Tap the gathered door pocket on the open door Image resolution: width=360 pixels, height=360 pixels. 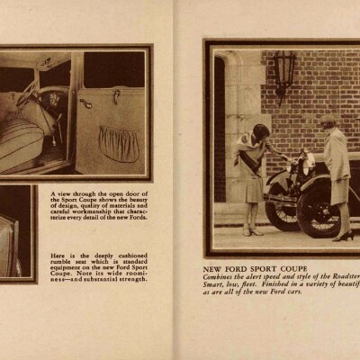point(120,143)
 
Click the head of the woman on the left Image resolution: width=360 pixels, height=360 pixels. point(259,132)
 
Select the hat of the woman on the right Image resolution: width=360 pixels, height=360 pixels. point(328,119)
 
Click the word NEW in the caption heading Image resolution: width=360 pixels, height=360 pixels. point(213,269)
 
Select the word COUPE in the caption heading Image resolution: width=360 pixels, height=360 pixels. point(291,269)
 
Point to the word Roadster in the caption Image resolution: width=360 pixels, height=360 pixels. point(340,278)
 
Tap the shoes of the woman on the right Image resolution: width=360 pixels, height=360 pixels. point(343,237)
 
